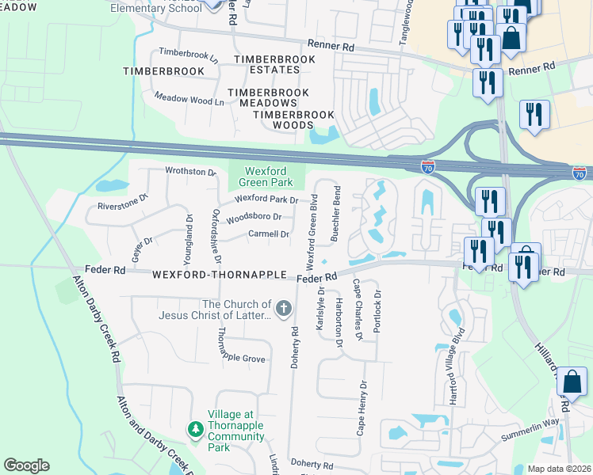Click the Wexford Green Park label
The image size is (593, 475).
point(267,176)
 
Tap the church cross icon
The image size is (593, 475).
point(284,306)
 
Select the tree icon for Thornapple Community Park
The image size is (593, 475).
point(196,428)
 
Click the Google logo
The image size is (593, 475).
point(26,465)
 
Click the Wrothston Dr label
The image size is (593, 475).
point(190,171)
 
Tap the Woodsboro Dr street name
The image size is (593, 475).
point(254,217)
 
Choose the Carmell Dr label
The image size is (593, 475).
point(269,234)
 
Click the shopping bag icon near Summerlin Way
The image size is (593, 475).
point(571,383)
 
